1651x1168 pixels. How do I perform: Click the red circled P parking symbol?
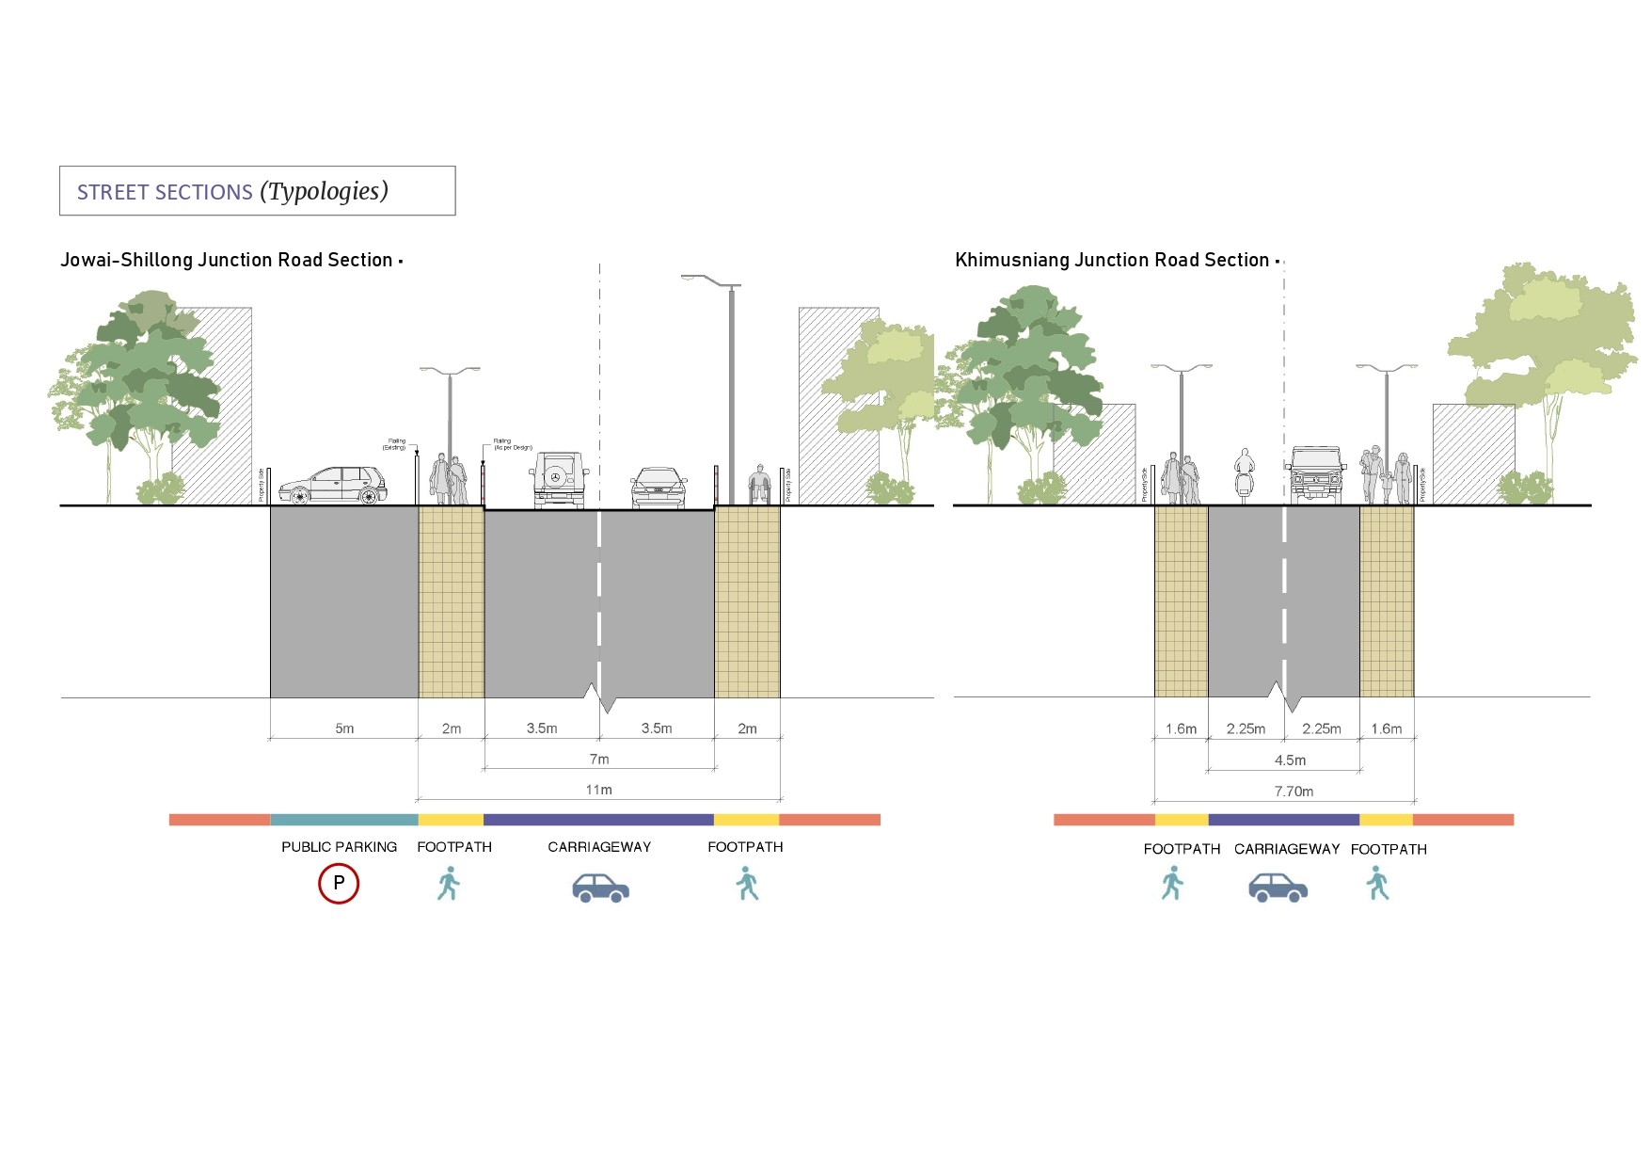tap(339, 884)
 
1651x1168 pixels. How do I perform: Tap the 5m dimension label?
tap(344, 728)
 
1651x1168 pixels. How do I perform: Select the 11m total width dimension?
tap(598, 790)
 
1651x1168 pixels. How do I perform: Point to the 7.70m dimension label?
tap(1294, 792)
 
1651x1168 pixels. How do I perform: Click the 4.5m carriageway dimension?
tap(1290, 760)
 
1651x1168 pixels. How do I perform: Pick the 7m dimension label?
tap(599, 759)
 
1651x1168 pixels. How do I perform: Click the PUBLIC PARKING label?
tap(339, 847)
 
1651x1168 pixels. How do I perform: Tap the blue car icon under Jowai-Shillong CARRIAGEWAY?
tap(600, 888)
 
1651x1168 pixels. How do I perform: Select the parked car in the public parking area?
tap(333, 486)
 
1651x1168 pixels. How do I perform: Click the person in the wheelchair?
tap(759, 485)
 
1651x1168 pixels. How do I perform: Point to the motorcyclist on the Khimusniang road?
tap(1245, 475)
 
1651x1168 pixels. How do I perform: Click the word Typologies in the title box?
tap(325, 191)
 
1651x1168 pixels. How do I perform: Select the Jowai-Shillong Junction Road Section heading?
tap(226, 260)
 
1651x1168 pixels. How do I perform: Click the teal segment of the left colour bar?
tap(343, 820)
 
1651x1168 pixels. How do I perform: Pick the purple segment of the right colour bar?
tap(1283, 820)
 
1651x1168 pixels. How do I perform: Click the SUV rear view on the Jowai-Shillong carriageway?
tap(560, 479)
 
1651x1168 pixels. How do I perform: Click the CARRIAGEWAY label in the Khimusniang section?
tap(1286, 849)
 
